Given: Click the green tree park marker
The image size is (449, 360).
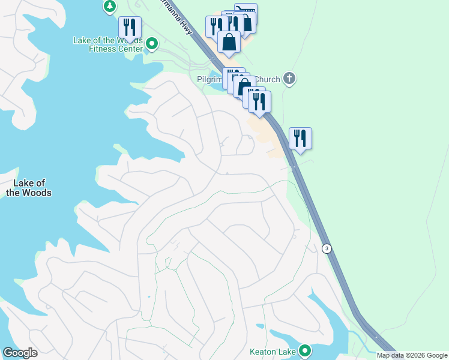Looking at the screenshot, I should click(109, 6).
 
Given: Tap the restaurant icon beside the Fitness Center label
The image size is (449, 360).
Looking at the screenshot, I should click(130, 28).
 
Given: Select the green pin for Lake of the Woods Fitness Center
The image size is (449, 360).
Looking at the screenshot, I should click(152, 44).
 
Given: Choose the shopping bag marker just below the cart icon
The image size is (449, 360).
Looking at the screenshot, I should click(229, 43).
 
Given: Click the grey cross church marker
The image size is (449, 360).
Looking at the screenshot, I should click(289, 79).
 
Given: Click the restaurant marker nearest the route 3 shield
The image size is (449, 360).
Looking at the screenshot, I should click(300, 139).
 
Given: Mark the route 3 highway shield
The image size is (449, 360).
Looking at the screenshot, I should click(327, 248).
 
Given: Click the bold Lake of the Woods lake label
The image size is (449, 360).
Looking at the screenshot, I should click(29, 188).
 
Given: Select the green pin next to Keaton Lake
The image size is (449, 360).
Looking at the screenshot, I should click(305, 351).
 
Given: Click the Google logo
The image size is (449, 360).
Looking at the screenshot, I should click(20, 353).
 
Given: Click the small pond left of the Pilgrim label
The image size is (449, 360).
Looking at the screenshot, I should click(215, 88).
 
